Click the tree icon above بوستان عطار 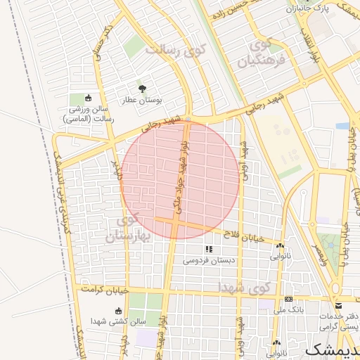(x=143, y=89)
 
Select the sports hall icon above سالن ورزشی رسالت (x=88, y=98)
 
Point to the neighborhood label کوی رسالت (x=174, y=51)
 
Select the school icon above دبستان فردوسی (x=209, y=249)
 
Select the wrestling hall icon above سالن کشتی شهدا (x=117, y=310)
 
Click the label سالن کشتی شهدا (x=117, y=321)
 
